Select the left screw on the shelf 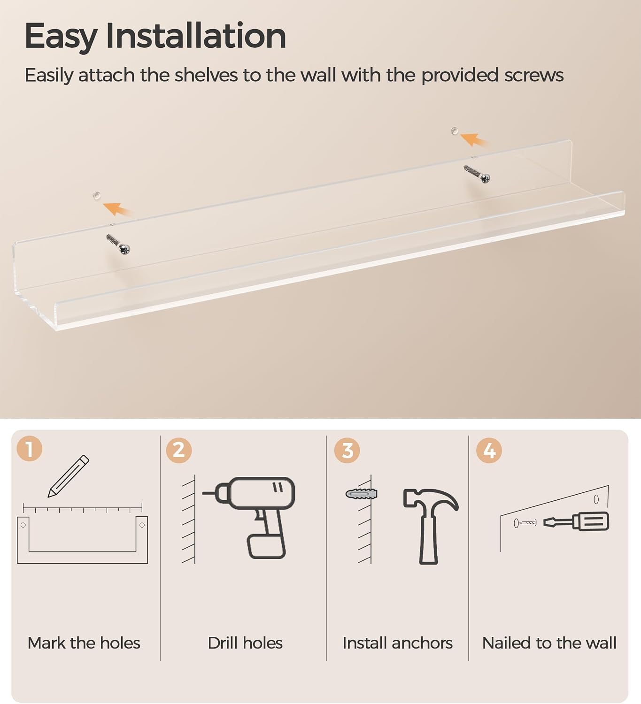pyautogui.click(x=118, y=244)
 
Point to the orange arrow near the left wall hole pyautogui.click(x=116, y=209)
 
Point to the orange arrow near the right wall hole pyautogui.click(x=473, y=139)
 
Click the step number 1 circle pyautogui.click(x=30, y=449)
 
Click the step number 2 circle pyautogui.click(x=179, y=450)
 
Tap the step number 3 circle pyautogui.click(x=347, y=450)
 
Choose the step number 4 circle pyautogui.click(x=489, y=450)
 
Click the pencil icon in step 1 pyautogui.click(x=69, y=476)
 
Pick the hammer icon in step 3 pyautogui.click(x=431, y=526)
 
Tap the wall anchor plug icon pyautogui.click(x=362, y=494)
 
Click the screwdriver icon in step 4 pyautogui.click(x=576, y=521)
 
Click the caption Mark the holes pyautogui.click(x=84, y=643)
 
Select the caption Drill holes pyautogui.click(x=245, y=643)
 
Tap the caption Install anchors pyautogui.click(x=398, y=643)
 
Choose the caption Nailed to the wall pyautogui.click(x=549, y=643)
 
